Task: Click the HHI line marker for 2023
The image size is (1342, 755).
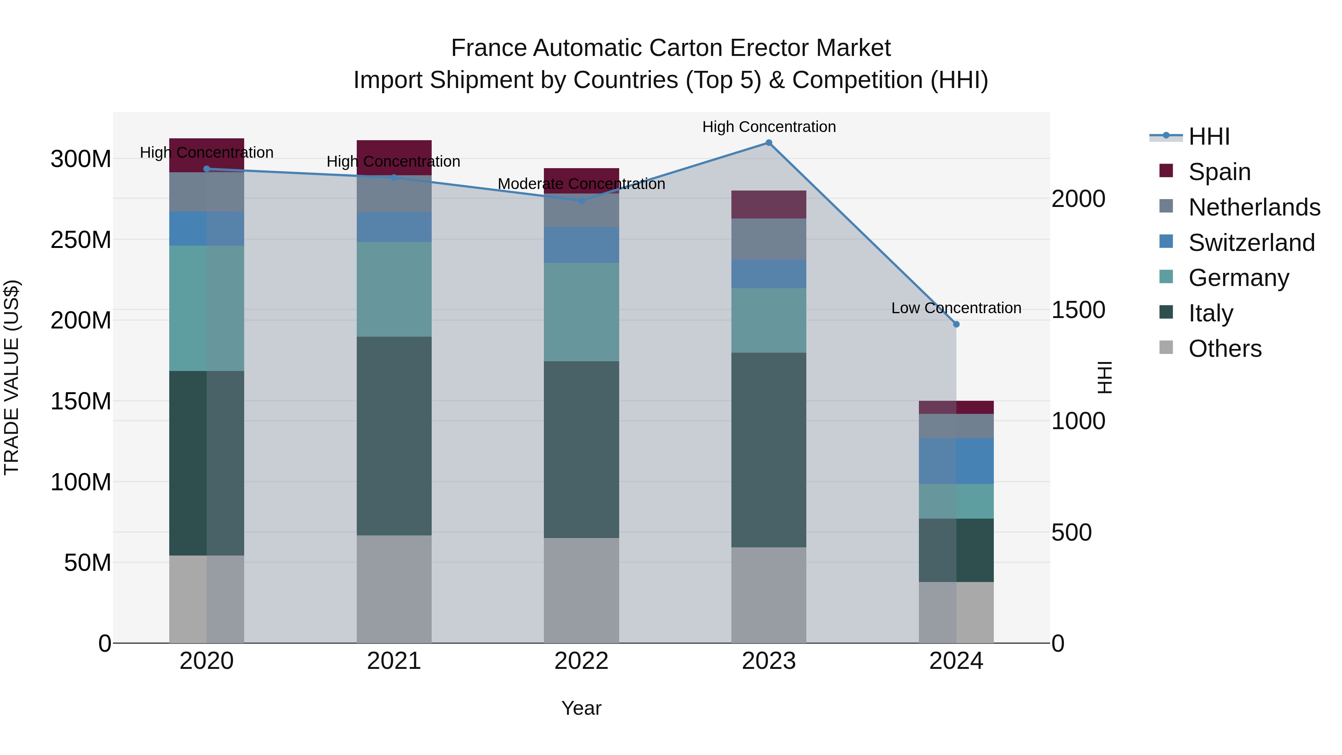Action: coord(768,143)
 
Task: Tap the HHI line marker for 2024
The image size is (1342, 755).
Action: coord(956,324)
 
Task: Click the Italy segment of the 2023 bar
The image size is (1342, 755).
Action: coord(768,450)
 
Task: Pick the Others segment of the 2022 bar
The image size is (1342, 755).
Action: coord(582,590)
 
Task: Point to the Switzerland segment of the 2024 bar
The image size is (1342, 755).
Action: coord(956,461)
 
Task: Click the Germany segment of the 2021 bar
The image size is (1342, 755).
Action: coord(394,289)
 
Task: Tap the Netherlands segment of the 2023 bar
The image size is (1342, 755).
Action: coord(768,239)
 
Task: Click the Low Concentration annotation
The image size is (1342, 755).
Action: coord(956,308)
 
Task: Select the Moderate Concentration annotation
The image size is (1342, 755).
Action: coord(582,184)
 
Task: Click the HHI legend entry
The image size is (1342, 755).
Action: coord(1209,136)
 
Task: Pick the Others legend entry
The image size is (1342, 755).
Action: coord(1224,349)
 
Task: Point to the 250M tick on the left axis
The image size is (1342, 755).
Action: coord(81,240)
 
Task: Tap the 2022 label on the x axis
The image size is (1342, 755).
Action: coord(582,661)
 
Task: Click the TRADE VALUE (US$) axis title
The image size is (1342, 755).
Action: coord(12,377)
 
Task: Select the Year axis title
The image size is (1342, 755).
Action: coord(582,708)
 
